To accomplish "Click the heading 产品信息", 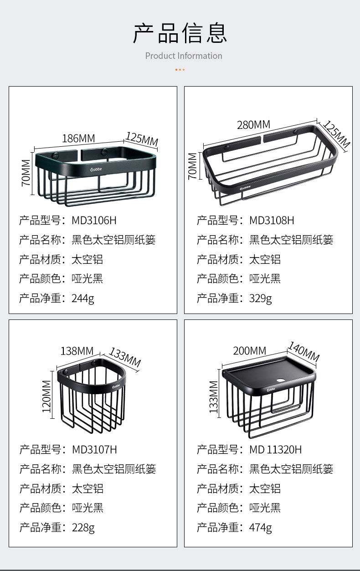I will (x=180, y=33).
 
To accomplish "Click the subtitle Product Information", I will (x=184, y=56).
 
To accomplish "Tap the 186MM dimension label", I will (x=78, y=139).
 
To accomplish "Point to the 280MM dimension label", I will (x=253, y=124).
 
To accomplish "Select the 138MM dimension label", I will (x=77, y=351).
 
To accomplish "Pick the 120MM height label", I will (x=47, y=396).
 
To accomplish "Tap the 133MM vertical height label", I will (x=214, y=397).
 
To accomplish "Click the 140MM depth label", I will (x=303, y=351).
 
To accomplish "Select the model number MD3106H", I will (x=94, y=221).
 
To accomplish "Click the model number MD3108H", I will (x=272, y=221).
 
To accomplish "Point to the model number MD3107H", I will (x=94, y=450).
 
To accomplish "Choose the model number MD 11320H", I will (x=275, y=450).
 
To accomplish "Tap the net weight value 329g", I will (x=260, y=298).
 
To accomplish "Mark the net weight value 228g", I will (x=83, y=528).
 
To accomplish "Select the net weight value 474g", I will (x=260, y=528).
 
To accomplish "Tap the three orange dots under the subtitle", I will (x=180, y=70).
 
